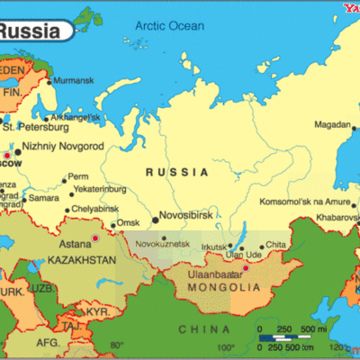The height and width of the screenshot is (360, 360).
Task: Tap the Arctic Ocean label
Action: pos(172,26)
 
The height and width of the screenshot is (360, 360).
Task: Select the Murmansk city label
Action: pos(72,81)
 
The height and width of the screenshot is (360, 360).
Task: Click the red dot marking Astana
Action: pos(95,238)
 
